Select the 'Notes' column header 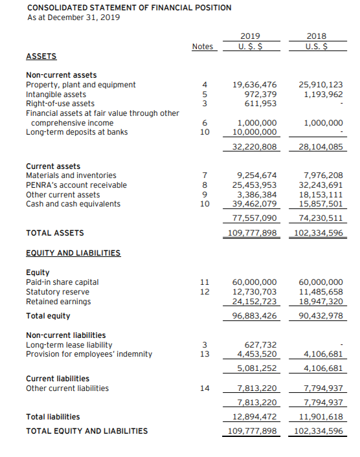point(202,46)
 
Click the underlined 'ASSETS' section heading point(41,56)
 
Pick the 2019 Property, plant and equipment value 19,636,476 point(254,85)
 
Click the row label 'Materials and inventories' point(71,175)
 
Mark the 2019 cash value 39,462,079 point(254,204)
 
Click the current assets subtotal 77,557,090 point(254,218)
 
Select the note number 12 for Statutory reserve point(205,292)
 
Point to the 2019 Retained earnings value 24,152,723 point(254,302)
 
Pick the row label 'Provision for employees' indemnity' point(89,354)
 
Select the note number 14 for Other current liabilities point(205,388)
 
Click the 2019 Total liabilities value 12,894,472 point(254,416)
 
